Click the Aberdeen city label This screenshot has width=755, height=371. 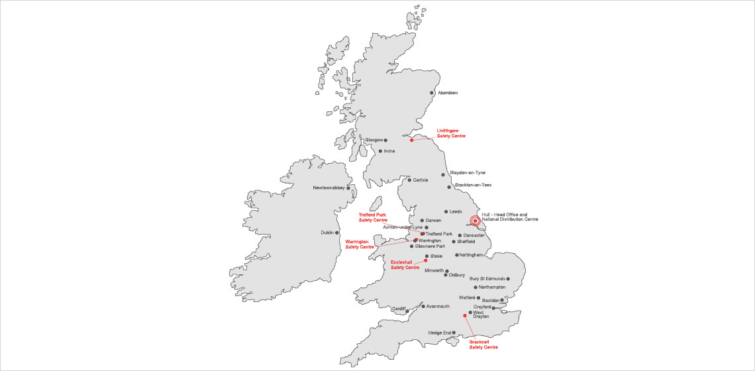[448, 93]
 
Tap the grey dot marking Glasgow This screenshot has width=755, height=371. [385, 140]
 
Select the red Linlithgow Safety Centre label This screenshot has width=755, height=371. [451, 133]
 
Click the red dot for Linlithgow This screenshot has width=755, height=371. [411, 140]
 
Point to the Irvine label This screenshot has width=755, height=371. [389, 151]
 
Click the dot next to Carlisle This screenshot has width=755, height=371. [409, 180]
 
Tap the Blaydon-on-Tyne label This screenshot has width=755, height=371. [468, 173]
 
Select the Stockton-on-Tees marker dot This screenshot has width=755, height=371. [449, 187]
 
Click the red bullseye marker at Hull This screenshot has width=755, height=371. [475, 221]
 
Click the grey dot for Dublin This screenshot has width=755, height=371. [337, 233]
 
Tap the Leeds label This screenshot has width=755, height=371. [456, 212]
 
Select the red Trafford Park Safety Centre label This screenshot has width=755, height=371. [373, 217]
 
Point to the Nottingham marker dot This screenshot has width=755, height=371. [456, 255]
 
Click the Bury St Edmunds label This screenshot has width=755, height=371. [487, 279]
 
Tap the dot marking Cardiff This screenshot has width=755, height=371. [407, 311]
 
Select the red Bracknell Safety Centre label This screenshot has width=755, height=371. [483, 344]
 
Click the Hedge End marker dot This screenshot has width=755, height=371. [454, 333]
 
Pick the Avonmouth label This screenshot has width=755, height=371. [438, 307]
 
